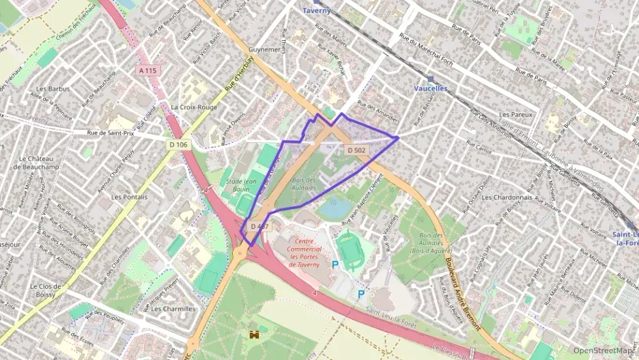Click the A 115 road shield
tap(147, 70)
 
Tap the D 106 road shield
tap(177, 144)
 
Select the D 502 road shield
tap(356, 150)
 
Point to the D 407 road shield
tap(259, 226)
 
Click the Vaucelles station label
tap(430, 89)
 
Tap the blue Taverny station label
tap(316, 11)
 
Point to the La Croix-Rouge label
tap(194, 107)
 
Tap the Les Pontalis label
tap(129, 196)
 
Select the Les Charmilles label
tap(173, 308)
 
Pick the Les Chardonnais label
tap(506, 197)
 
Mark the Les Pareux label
tap(515, 114)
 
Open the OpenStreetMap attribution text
tap(603, 350)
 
